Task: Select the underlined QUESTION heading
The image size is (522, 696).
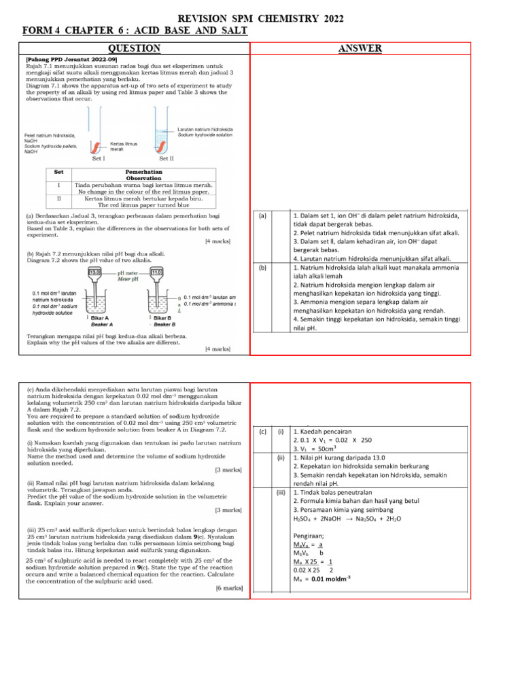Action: (x=135, y=48)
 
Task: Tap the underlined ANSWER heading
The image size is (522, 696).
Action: (x=360, y=48)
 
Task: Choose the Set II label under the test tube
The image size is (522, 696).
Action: (x=167, y=158)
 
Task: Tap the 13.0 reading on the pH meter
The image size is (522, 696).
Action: (x=96, y=272)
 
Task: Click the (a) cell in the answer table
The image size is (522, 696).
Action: (x=262, y=215)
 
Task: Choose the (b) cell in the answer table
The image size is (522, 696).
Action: (x=262, y=268)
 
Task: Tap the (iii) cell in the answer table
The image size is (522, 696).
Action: (x=280, y=492)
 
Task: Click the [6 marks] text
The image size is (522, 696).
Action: (x=230, y=587)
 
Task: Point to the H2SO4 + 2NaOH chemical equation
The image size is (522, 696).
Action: (x=347, y=518)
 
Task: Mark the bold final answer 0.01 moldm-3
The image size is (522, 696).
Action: (x=332, y=579)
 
